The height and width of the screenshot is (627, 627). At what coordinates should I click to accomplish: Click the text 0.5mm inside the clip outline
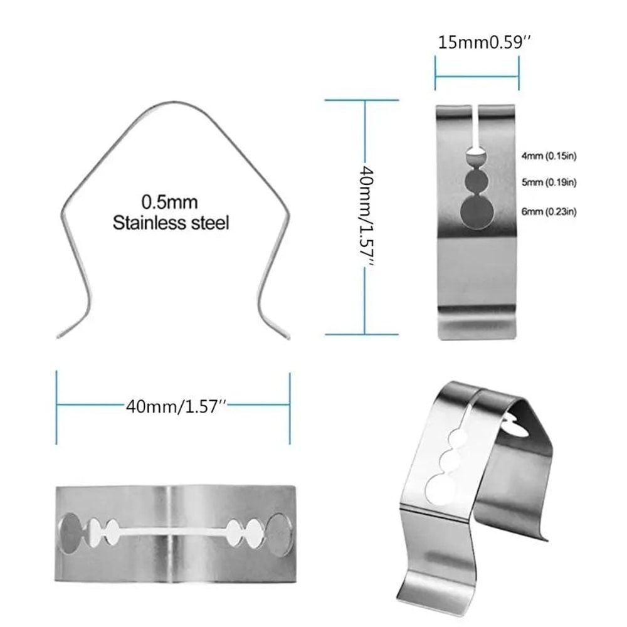[169, 203]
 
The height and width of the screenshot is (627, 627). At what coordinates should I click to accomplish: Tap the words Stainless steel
[171, 222]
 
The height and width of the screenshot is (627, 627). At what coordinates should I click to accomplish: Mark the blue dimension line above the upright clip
[477, 77]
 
